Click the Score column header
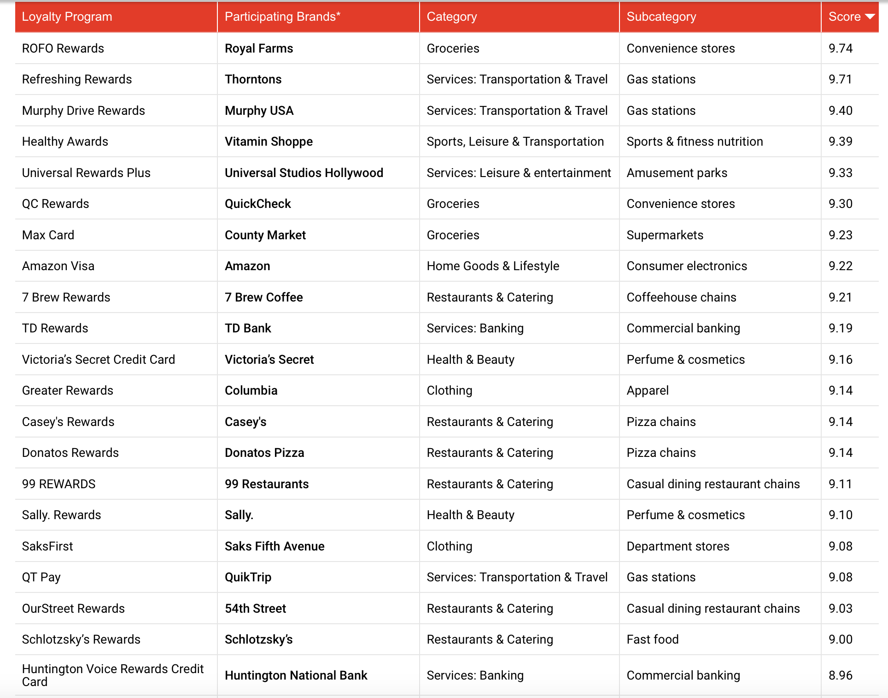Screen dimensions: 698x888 coord(844,17)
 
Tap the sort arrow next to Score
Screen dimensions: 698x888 coord(870,17)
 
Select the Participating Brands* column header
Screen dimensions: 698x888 coord(282,17)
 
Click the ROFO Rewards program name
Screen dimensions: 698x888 coord(63,48)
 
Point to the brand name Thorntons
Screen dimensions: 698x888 coord(253,79)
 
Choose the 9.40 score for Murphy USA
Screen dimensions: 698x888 coord(840,111)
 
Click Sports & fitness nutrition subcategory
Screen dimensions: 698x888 coord(695,142)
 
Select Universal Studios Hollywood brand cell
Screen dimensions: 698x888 coord(304,173)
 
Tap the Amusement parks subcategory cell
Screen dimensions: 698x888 coord(677,173)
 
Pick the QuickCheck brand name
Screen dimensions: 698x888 coord(257,204)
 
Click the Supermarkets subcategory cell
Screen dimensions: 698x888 coord(665,235)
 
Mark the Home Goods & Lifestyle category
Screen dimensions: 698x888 coord(493,266)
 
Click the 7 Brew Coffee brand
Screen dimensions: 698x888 coord(263,297)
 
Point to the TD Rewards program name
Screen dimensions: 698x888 coord(55,328)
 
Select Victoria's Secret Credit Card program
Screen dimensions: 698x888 coord(98,360)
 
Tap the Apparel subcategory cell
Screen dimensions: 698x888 coord(647,390)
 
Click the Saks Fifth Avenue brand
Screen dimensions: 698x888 coord(275,546)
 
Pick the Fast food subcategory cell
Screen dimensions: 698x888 coord(652,639)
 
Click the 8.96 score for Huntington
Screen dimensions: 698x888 coord(840,675)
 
